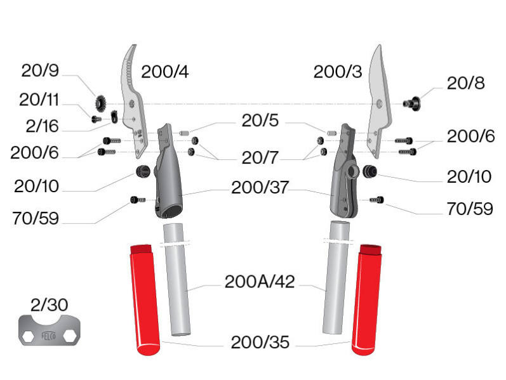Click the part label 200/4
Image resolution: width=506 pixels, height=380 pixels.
tap(164, 72)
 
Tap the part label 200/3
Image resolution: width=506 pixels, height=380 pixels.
tap(337, 72)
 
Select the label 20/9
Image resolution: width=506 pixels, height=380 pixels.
tap(40, 72)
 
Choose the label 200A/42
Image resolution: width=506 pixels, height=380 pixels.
tap(260, 282)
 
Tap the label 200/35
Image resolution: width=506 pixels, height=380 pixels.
tap(260, 343)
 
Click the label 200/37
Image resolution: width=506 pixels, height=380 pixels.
tap(259, 187)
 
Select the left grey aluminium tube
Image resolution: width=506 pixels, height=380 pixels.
tap(177, 279)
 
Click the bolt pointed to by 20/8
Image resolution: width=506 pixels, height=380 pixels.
tap(413, 102)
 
